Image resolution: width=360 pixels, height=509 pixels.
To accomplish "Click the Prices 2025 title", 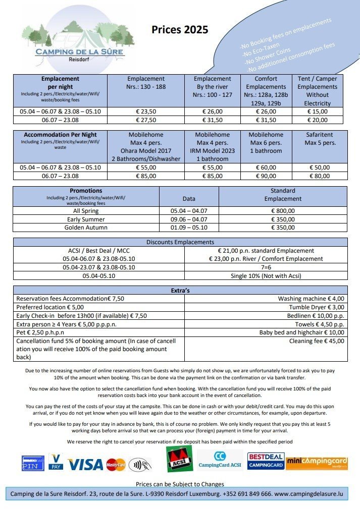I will click(x=180, y=30).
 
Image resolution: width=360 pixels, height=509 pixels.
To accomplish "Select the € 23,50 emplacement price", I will click(x=146, y=112).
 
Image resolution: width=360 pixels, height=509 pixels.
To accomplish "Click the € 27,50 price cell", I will click(x=146, y=120).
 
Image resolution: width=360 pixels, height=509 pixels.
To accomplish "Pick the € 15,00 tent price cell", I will click(x=317, y=112).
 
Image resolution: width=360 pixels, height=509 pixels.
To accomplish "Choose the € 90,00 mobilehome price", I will click(x=266, y=176).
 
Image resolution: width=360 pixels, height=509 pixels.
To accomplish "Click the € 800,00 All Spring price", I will click(x=283, y=211).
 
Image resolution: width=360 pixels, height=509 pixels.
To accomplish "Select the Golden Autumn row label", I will click(x=86, y=228).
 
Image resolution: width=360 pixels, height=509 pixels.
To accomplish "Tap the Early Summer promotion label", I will click(x=86, y=219).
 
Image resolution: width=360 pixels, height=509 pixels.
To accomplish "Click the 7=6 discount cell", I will click(x=266, y=268).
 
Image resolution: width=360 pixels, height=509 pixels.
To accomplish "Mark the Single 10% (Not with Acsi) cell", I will click(x=266, y=276).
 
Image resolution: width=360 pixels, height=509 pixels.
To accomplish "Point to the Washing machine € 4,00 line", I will click(x=311, y=299).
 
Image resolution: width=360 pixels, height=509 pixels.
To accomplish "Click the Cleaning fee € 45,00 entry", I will click(x=317, y=341).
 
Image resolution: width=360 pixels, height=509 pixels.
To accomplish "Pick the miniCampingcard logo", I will click(x=317, y=462).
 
